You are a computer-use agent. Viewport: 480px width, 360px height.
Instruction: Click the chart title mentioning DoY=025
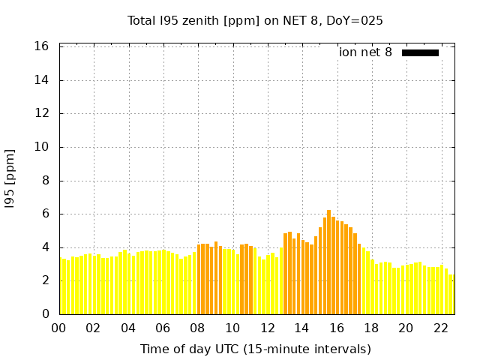(255, 20)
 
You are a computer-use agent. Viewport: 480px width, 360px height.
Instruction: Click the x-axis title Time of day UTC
(255, 349)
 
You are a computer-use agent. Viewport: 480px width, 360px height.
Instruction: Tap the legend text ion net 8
(365, 52)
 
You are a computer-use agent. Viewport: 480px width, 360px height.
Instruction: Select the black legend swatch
(420, 52)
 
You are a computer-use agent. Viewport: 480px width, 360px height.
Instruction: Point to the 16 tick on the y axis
(43, 46)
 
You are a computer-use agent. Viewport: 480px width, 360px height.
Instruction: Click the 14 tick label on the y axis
(43, 80)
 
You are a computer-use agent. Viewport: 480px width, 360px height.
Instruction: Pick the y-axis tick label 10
(43, 147)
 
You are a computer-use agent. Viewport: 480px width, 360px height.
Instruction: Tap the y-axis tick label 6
(46, 214)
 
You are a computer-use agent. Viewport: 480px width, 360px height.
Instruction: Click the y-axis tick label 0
(46, 314)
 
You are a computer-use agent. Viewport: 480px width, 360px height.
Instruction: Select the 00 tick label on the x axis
(59, 328)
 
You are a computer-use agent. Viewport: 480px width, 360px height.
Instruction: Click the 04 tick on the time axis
(128, 328)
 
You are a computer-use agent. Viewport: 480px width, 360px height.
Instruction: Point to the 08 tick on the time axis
(198, 328)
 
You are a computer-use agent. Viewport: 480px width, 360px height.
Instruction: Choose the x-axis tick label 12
(267, 328)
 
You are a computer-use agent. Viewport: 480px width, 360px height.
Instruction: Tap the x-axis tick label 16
(337, 328)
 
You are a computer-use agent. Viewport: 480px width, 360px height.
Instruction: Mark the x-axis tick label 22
(440, 328)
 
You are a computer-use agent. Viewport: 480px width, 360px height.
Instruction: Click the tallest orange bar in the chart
(328, 262)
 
